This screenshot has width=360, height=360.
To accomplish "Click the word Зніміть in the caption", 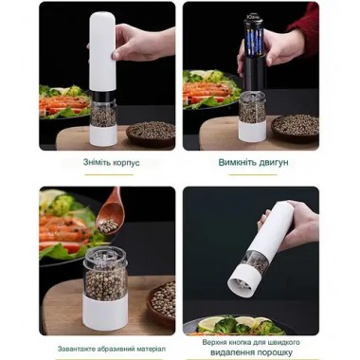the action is tap(98, 162).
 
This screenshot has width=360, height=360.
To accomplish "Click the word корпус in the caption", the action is tap(127, 163).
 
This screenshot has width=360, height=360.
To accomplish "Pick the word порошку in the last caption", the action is tap(277, 352).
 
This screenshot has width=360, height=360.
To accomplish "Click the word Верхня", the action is tap(213, 342).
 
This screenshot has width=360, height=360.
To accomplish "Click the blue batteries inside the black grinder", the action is tap(254, 43).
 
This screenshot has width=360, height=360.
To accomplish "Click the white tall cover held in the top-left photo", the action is tap(101, 51).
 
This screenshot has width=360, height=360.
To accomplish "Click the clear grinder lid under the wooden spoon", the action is tap(105, 260).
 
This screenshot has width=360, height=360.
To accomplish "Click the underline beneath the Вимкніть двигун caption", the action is tap(253, 174).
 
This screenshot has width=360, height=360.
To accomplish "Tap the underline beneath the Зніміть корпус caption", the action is tap(109, 174).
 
